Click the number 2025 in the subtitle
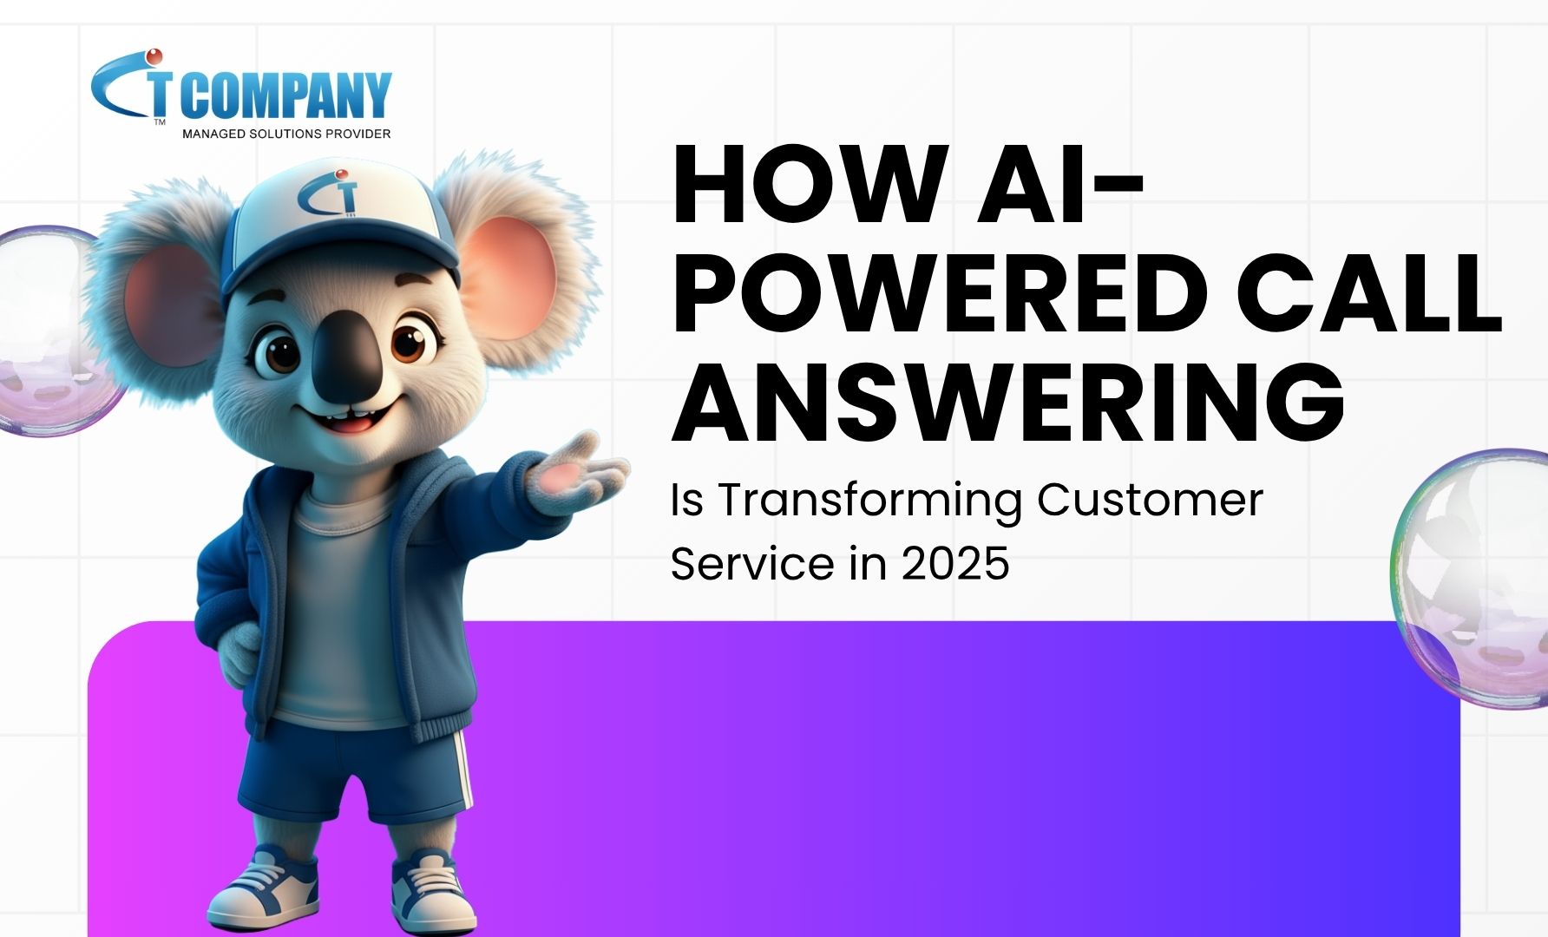955,564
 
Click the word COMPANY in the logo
286,95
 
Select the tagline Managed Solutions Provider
286,134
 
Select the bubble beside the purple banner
1475,577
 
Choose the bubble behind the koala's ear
48,330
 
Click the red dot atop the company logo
154,56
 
